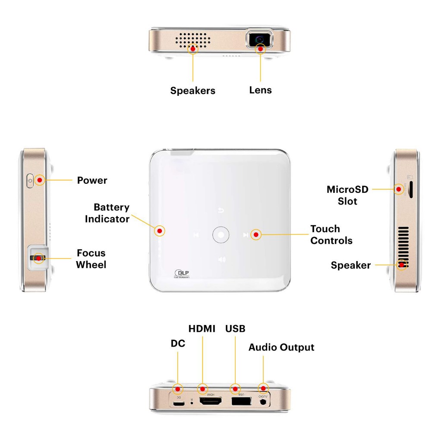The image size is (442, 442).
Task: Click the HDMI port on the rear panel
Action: [210, 401]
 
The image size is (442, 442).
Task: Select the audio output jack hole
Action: [263, 402]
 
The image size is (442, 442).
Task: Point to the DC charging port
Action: [177, 404]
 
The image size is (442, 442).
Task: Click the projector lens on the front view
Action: [259, 39]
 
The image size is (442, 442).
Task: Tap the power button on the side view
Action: [30, 180]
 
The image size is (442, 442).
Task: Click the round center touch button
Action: [221, 235]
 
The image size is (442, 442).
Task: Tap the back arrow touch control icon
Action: [221, 211]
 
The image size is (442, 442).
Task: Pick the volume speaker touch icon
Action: [221, 259]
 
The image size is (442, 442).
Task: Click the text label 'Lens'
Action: [260, 90]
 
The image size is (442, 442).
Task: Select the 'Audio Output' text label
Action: [281, 347]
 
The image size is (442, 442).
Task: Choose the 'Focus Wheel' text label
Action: [91, 259]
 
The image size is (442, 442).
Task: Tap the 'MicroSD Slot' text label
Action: [347, 195]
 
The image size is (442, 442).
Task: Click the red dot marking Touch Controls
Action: [256, 235]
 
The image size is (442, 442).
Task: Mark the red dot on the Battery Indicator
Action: [160, 231]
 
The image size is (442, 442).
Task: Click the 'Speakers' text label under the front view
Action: [193, 91]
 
